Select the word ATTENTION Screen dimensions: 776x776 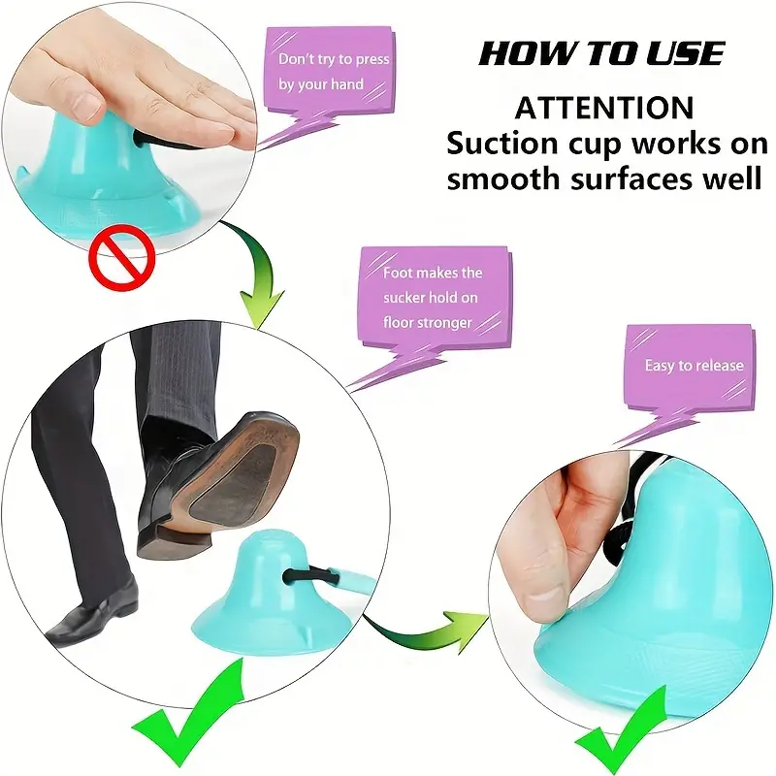[603, 107]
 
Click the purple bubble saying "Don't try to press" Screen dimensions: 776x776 [334, 73]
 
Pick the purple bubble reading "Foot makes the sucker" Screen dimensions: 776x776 [433, 297]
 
